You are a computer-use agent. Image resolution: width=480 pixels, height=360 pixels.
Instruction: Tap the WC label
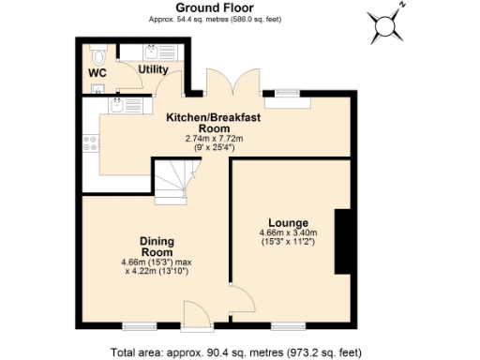(97, 72)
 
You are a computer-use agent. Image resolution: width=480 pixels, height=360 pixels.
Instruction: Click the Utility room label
(152, 69)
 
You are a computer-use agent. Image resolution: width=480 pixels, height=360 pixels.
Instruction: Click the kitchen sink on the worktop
(116, 106)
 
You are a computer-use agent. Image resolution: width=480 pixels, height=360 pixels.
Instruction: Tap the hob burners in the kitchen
(92, 143)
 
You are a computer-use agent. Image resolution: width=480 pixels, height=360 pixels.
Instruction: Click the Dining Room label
(156, 246)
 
